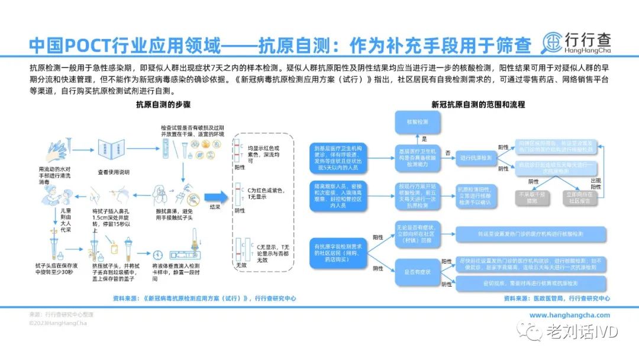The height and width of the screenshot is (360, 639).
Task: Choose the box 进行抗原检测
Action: [x=476, y=158]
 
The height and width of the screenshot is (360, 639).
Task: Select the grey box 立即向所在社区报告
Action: [x=579, y=197]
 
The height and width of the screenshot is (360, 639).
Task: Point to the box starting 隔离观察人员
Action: [x=337, y=197]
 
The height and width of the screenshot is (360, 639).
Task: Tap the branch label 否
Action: [x=448, y=153]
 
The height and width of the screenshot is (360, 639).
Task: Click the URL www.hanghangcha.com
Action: [x=569, y=316]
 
